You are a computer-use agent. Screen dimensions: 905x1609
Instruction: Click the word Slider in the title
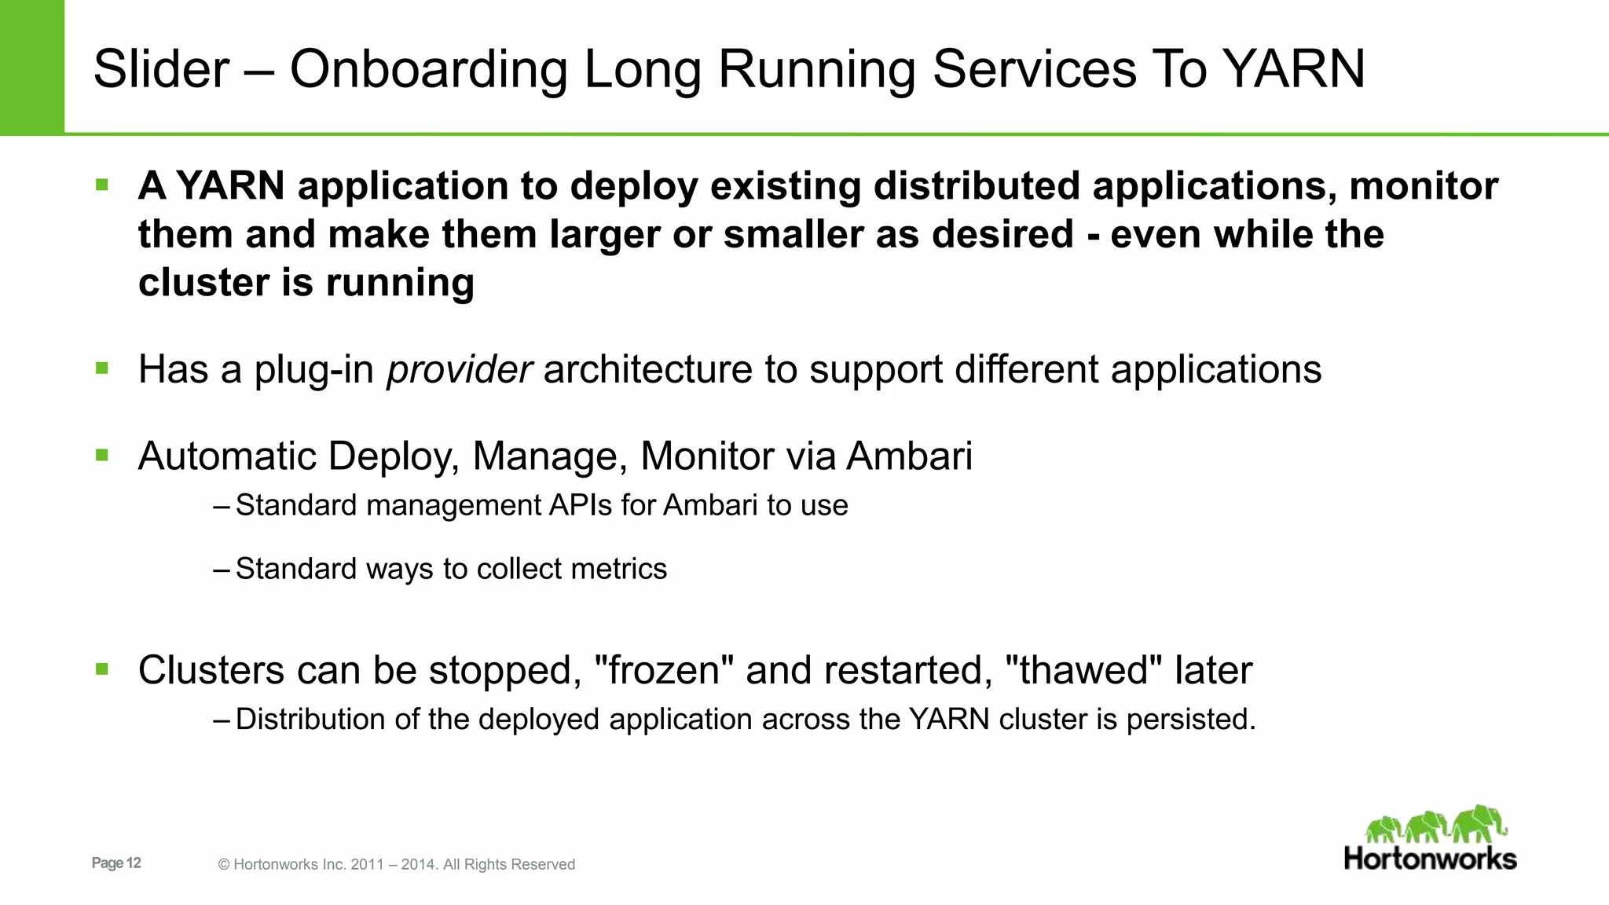pyautogui.click(x=161, y=69)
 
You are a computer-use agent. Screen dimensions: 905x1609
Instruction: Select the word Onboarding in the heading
pyautogui.click(x=428, y=69)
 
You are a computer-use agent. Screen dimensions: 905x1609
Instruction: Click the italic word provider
pyautogui.click(x=459, y=369)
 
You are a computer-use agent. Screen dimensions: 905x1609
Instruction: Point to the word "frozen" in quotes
pyautogui.click(x=664, y=670)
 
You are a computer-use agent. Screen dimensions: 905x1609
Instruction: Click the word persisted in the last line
pyautogui.click(x=1189, y=720)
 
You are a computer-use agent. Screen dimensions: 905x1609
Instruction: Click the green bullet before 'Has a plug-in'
pyautogui.click(x=101, y=368)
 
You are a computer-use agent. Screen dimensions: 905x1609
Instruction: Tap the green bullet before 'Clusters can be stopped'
pyautogui.click(x=101, y=669)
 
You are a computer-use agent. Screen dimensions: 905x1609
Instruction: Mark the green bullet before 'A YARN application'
pyautogui.click(x=101, y=185)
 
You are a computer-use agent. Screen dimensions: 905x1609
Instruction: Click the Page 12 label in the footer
pyautogui.click(x=116, y=863)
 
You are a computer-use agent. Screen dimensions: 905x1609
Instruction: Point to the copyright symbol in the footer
pyautogui.click(x=224, y=865)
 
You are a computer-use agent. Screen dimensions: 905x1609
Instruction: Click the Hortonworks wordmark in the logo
pyautogui.click(x=1430, y=859)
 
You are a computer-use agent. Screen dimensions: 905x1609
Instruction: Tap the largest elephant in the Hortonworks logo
pyautogui.click(x=1479, y=823)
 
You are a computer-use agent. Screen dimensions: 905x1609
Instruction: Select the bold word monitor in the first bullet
pyautogui.click(x=1423, y=186)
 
